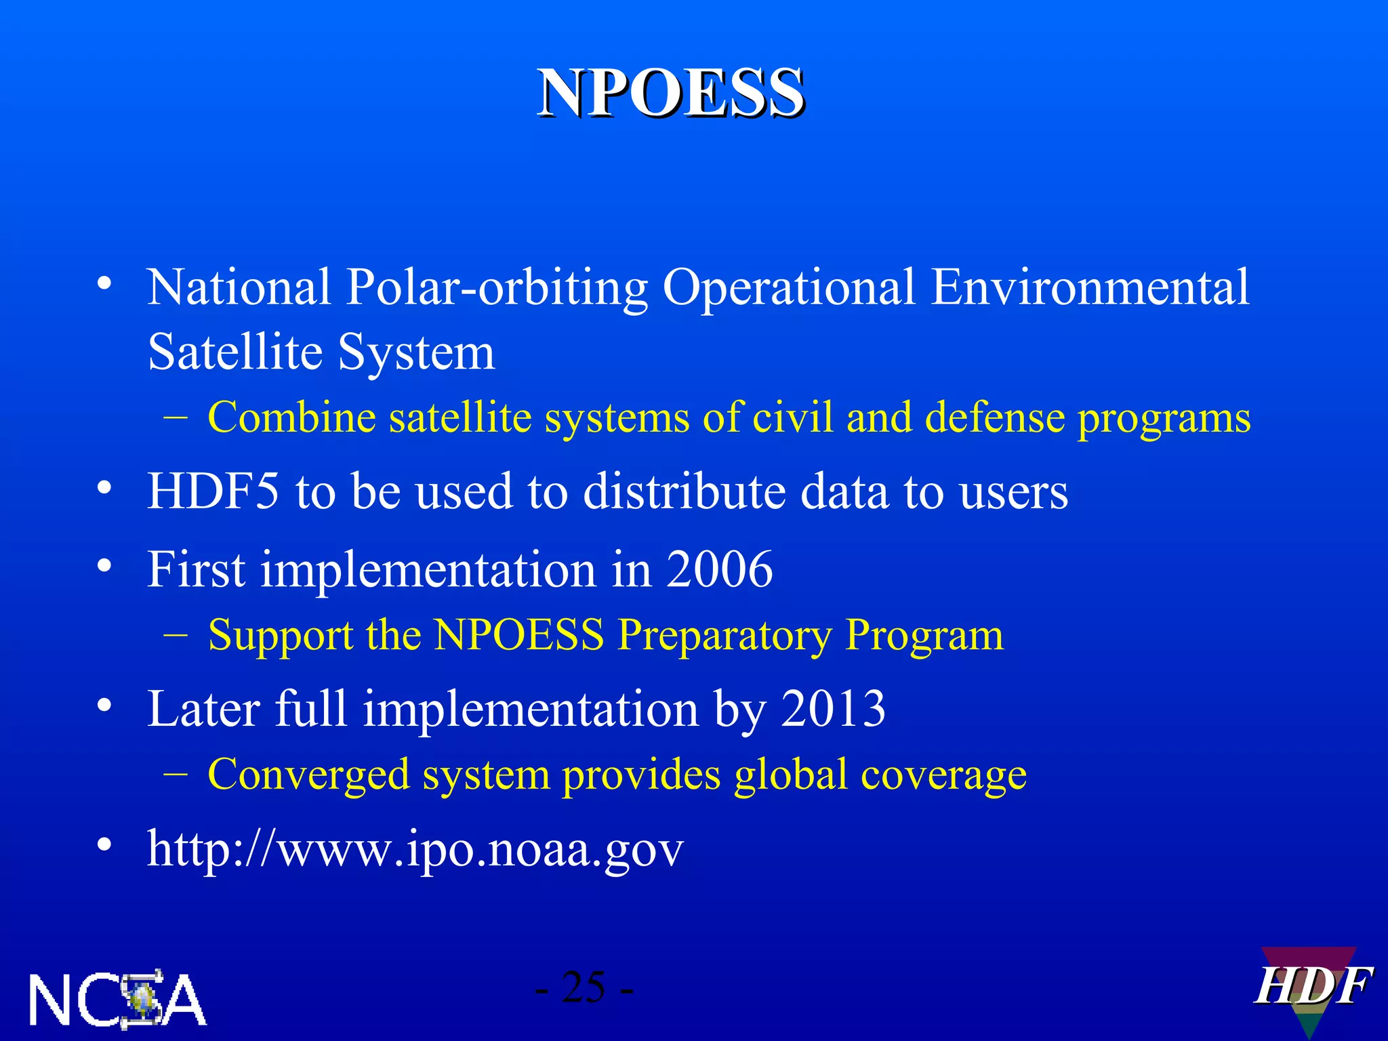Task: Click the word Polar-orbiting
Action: point(497,287)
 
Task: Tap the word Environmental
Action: point(1090,287)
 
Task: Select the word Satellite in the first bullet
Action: point(234,352)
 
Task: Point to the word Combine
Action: point(291,417)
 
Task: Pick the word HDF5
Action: point(213,491)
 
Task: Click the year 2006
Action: point(719,569)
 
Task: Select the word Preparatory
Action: point(724,636)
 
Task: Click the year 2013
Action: point(833,709)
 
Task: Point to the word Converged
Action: point(308,774)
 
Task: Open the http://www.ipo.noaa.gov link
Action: point(415,849)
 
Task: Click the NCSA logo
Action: point(117,999)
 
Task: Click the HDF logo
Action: point(1312,988)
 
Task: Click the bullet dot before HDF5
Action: point(104,488)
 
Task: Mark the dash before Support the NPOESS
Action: point(176,635)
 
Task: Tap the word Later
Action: point(203,709)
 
